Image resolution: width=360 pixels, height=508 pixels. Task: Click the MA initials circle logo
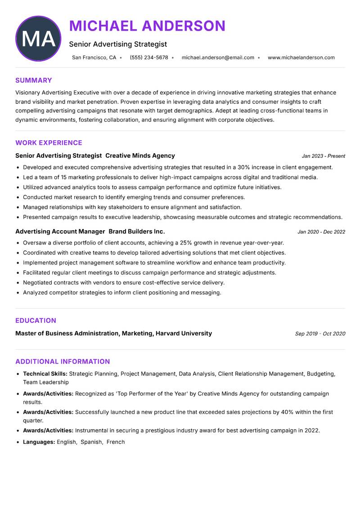pyautogui.click(x=38, y=39)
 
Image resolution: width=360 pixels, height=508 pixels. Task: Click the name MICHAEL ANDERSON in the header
pyautogui.click(x=147, y=26)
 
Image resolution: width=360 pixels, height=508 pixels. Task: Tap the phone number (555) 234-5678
pyautogui.click(x=148, y=58)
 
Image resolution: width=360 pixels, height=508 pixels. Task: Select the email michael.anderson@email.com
pyautogui.click(x=218, y=58)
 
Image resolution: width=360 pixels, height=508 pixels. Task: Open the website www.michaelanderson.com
pyautogui.click(x=301, y=58)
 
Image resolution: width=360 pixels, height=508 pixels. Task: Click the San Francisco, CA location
pyautogui.click(x=94, y=58)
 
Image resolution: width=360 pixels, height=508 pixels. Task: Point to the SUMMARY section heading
pyautogui.click(x=34, y=80)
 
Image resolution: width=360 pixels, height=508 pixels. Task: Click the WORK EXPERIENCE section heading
pyautogui.click(x=49, y=143)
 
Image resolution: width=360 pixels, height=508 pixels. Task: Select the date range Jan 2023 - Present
pyautogui.click(x=323, y=156)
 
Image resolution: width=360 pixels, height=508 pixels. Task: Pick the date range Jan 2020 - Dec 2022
pyautogui.click(x=321, y=232)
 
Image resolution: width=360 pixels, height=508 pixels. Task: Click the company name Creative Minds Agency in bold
pyautogui.click(x=140, y=156)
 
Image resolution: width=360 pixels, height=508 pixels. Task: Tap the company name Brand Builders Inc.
pyautogui.click(x=137, y=232)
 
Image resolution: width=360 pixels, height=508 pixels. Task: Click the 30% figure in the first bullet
pyautogui.click(x=244, y=167)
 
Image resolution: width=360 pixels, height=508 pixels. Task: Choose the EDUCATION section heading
pyautogui.click(x=36, y=321)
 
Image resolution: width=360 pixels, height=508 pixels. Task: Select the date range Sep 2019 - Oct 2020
pyautogui.click(x=320, y=334)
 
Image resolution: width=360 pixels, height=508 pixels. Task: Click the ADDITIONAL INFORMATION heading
pyautogui.click(x=63, y=361)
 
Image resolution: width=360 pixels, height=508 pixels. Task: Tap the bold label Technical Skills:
pyautogui.click(x=45, y=374)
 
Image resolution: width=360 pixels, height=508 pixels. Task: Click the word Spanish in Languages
pyautogui.click(x=91, y=442)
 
